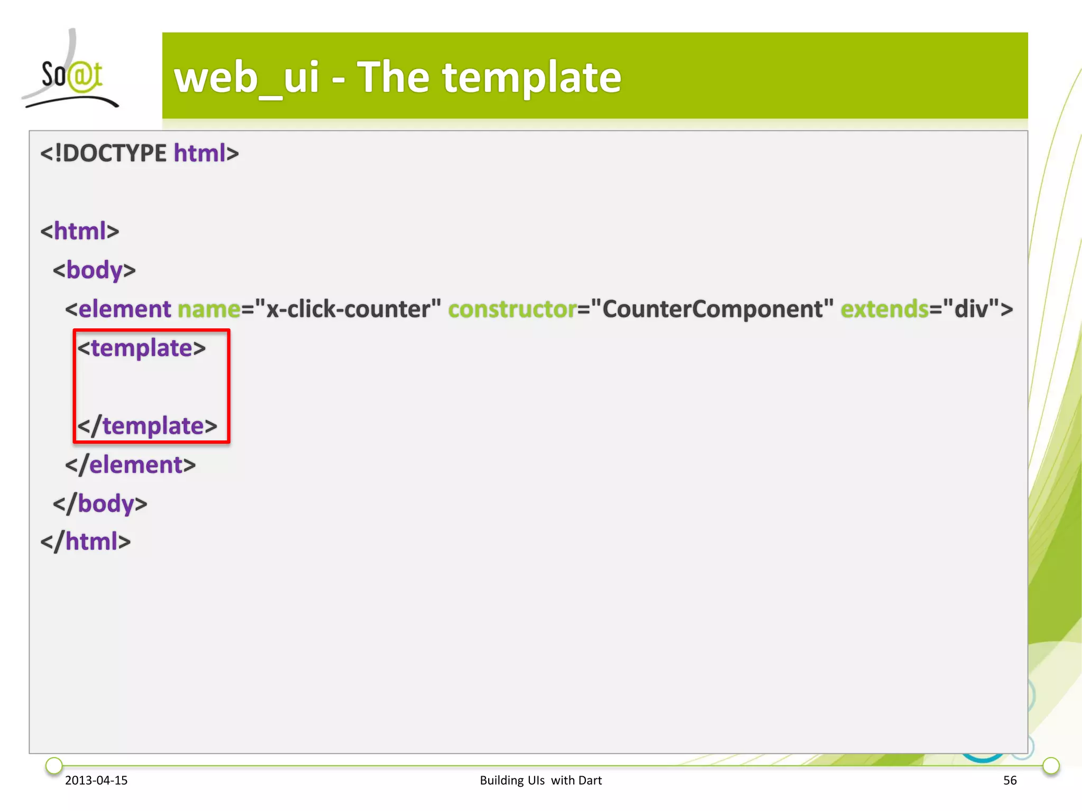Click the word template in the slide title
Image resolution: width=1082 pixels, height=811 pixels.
pyautogui.click(x=531, y=78)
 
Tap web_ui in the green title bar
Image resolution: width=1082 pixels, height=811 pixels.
pyautogui.click(x=247, y=78)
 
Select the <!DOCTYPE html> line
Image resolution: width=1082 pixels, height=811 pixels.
pyautogui.click(x=139, y=153)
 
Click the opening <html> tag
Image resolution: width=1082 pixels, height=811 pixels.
pyautogui.click(x=80, y=231)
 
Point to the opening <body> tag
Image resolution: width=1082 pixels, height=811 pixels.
pyautogui.click(x=94, y=270)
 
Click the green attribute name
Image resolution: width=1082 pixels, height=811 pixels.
pyautogui.click(x=209, y=309)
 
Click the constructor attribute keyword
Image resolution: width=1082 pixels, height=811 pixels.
pyautogui.click(x=512, y=309)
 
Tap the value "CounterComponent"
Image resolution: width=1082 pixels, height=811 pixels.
pyautogui.click(x=712, y=309)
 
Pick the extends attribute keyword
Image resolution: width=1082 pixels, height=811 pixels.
pyautogui.click(x=884, y=309)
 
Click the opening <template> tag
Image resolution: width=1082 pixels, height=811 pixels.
pyautogui.click(x=142, y=348)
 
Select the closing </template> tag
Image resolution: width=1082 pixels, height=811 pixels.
pyautogui.click(x=147, y=426)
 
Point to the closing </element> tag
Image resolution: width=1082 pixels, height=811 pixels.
pyautogui.click(x=130, y=465)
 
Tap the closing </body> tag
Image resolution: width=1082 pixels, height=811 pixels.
pyautogui.click(x=100, y=504)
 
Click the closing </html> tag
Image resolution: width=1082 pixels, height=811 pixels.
pyautogui.click(x=86, y=542)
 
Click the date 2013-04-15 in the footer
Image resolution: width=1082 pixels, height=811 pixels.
pyautogui.click(x=96, y=780)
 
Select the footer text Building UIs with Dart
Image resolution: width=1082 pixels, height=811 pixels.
pyautogui.click(x=540, y=780)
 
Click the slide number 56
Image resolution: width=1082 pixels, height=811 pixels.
pyautogui.click(x=1010, y=780)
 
